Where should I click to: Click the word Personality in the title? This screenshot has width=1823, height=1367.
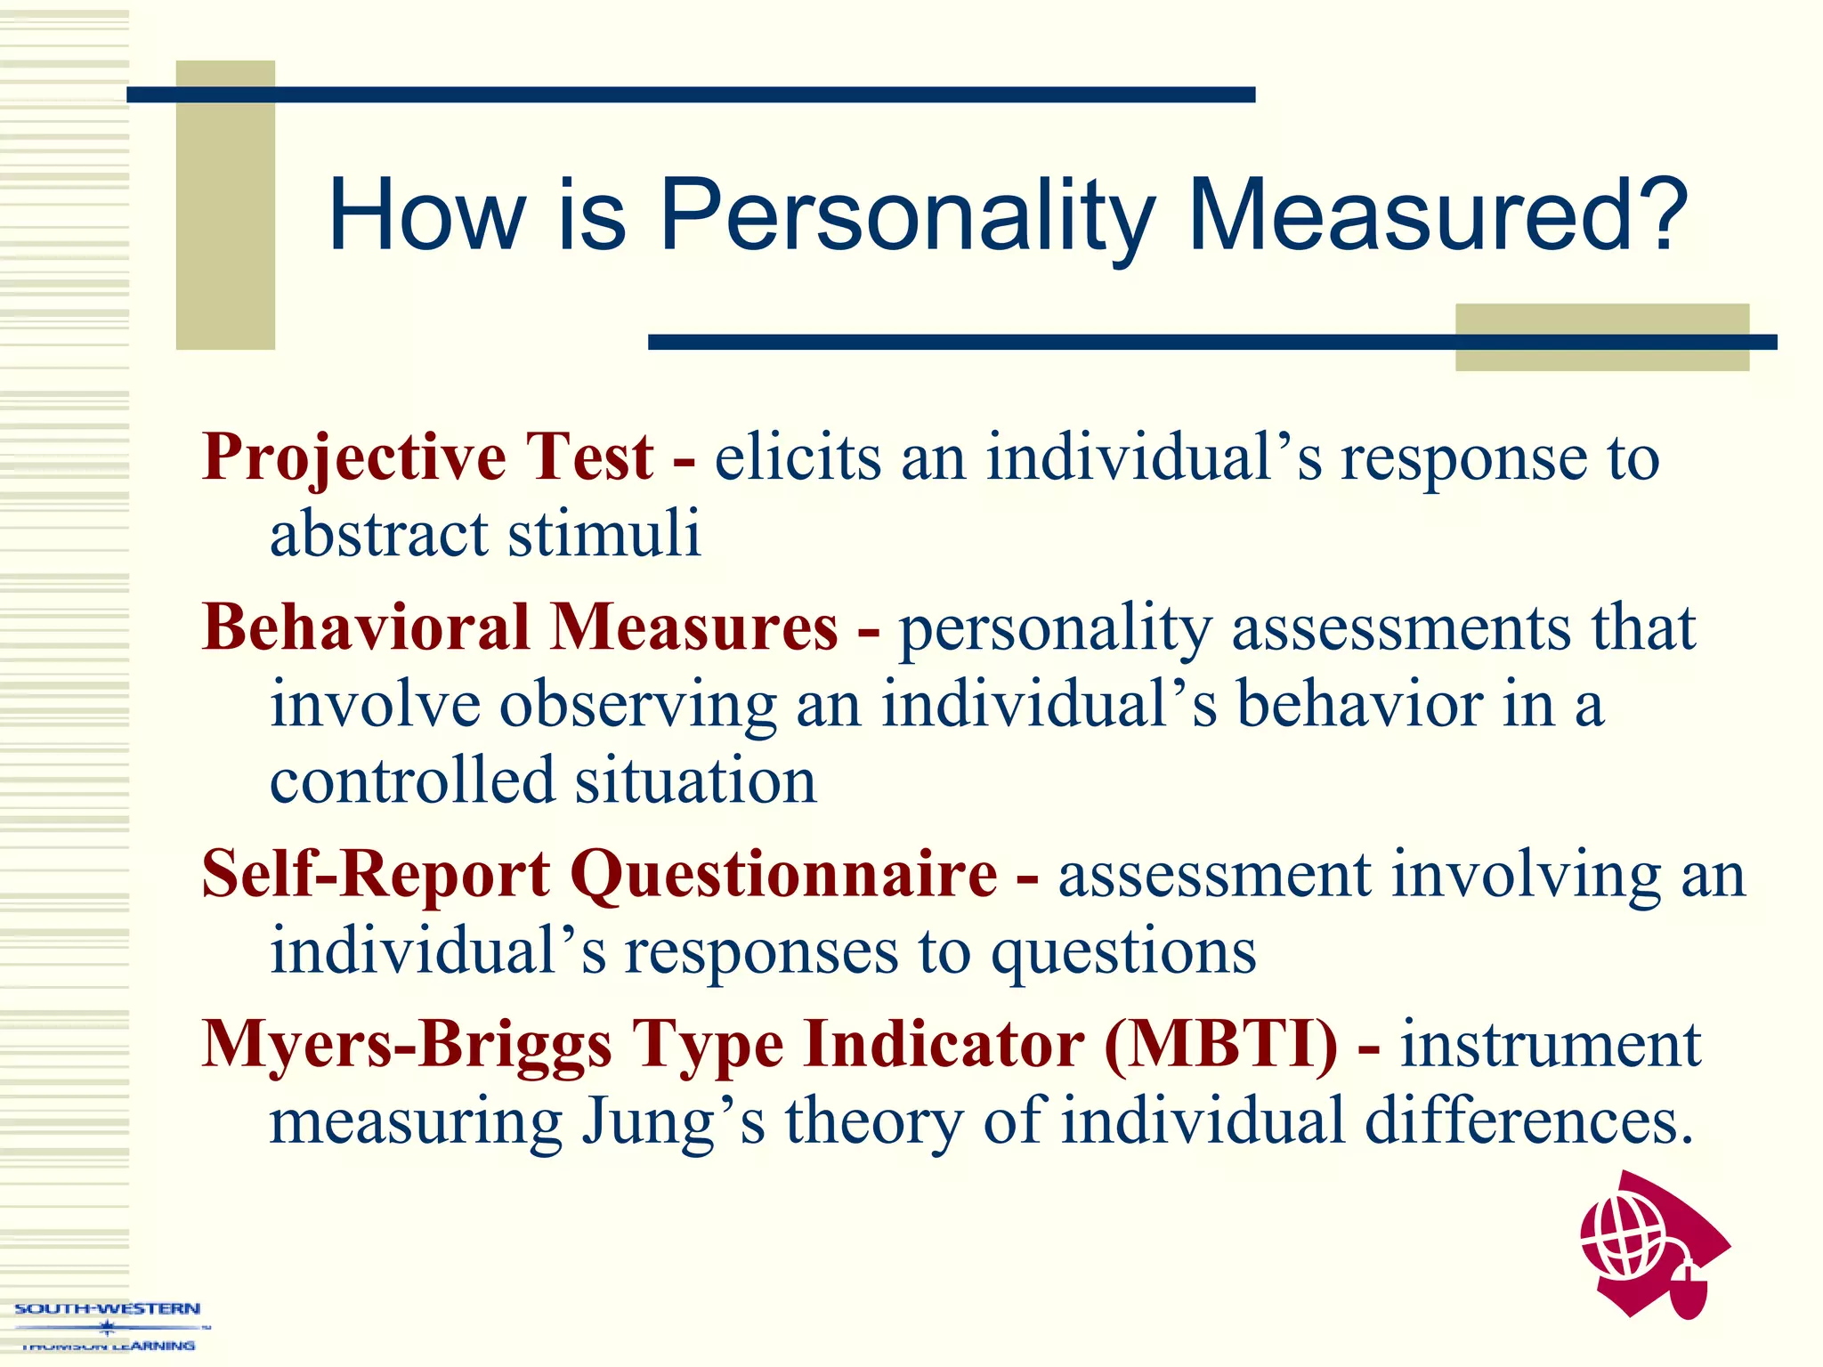point(906,216)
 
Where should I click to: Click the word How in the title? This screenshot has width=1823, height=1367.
point(427,216)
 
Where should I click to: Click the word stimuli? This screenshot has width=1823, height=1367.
point(604,534)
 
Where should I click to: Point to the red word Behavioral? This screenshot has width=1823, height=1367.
point(366,627)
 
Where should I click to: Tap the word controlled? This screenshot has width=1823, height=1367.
point(411,781)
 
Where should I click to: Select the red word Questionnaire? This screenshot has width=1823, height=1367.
point(783,876)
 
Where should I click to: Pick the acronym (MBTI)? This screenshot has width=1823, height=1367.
point(1220,1043)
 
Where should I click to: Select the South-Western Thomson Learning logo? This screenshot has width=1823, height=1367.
point(108,1326)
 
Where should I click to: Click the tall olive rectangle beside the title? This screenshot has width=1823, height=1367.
point(225,205)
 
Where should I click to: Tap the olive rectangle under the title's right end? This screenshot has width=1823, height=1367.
point(1601,336)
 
